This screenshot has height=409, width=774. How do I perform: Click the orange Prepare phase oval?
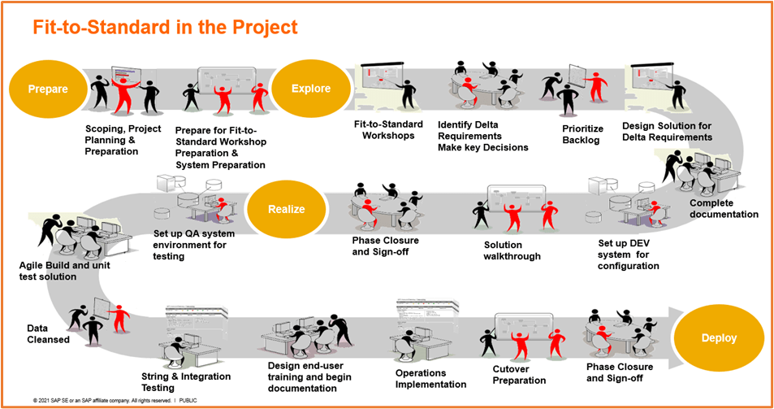[47, 89]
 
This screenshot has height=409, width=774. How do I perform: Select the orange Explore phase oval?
[311, 89]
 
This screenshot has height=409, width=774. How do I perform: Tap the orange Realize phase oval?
[287, 209]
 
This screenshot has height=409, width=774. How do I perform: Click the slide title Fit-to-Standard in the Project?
[165, 27]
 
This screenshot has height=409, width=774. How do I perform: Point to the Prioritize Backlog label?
[584, 134]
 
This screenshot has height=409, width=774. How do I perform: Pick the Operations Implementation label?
[430, 378]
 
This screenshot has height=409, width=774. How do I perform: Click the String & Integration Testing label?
[186, 382]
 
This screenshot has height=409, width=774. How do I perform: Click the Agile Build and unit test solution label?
[59, 271]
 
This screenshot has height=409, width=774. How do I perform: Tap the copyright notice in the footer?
[115, 401]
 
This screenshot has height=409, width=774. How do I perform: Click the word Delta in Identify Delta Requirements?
[488, 124]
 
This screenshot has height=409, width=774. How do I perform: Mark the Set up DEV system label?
[628, 254]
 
